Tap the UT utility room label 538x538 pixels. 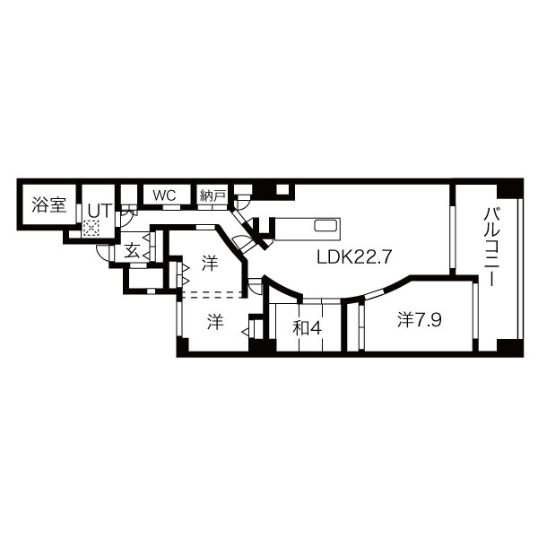[x=98, y=209]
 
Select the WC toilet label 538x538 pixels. [x=163, y=195]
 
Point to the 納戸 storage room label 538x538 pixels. [x=212, y=195]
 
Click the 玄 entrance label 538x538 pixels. [x=132, y=250]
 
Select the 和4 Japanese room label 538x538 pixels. [x=307, y=327]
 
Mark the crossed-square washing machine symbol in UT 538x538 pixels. [x=91, y=230]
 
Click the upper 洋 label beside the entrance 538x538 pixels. [x=209, y=264]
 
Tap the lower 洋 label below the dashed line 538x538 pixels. [x=215, y=322]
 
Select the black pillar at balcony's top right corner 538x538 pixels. [x=509, y=189]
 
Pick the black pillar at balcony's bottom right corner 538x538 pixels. [x=509, y=347]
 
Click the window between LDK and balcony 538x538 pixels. [x=453, y=229]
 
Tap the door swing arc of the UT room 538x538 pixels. [x=126, y=215]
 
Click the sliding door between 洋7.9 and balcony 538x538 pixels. [x=475, y=314]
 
